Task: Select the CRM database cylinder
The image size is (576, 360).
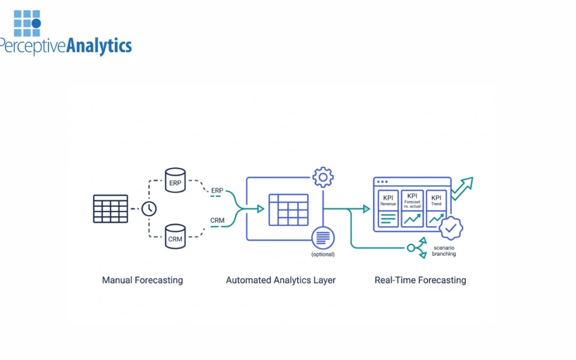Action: point(175,236)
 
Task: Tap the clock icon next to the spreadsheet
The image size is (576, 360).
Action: point(149,209)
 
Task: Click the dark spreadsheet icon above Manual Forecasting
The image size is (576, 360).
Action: point(110,209)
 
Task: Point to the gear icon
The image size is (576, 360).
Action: point(323,177)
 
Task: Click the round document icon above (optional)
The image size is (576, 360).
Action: point(323,238)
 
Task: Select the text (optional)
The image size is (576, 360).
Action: point(323,254)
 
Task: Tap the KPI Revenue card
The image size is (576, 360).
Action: point(388,209)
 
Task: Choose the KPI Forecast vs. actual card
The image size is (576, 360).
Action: point(412,209)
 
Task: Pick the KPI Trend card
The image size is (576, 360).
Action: point(436,209)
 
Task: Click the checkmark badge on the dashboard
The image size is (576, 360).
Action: point(451,228)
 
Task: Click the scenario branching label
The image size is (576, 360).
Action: point(444,251)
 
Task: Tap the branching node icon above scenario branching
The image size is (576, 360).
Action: point(416,247)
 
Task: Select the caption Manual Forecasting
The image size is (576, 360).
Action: point(142,280)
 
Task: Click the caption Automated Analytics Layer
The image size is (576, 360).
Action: point(281,280)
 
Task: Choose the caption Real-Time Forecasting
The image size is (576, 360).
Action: point(420,280)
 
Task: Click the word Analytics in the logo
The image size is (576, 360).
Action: point(99,46)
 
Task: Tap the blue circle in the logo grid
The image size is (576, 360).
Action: point(36,23)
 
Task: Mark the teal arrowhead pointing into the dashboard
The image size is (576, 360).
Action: point(366,209)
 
